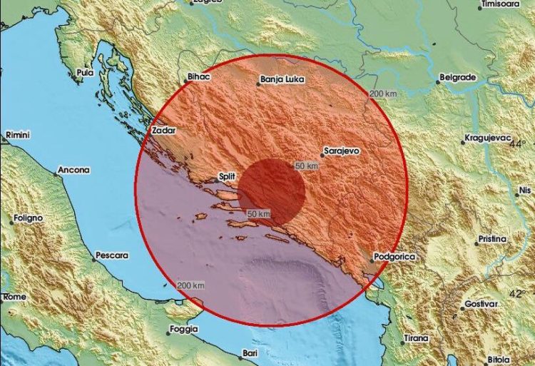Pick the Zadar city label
click(163, 131)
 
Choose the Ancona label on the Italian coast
click(75, 170)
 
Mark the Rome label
click(15, 296)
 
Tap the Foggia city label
click(183, 329)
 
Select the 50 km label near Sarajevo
click(306, 166)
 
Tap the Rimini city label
click(16, 135)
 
